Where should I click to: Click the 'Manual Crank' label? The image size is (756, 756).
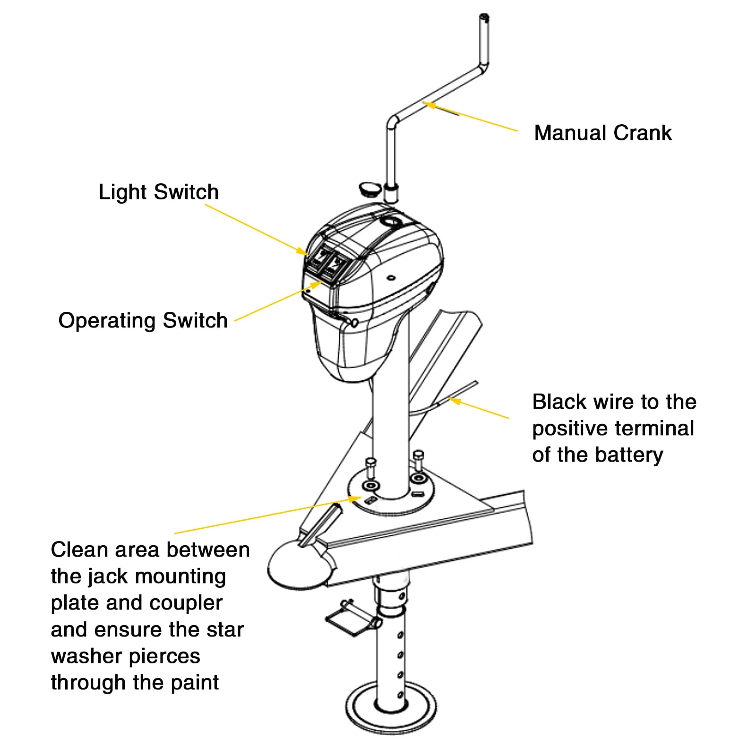point(602,133)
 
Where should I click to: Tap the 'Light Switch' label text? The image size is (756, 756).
point(158,192)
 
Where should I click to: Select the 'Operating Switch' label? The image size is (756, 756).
point(143,320)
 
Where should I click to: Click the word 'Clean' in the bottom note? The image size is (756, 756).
point(79,550)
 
